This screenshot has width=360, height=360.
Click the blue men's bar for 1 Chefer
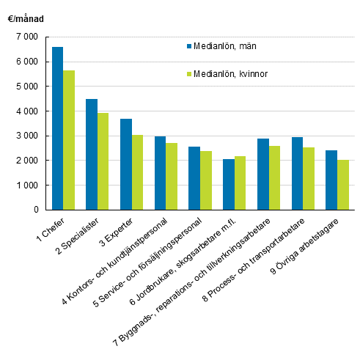pyautogui.click(x=58, y=128)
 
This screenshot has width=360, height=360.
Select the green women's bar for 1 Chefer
pyautogui.click(x=69, y=140)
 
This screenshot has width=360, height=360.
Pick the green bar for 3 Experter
pyautogui.click(x=137, y=172)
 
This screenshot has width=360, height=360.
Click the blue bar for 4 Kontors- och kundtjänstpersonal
pyautogui.click(x=160, y=173)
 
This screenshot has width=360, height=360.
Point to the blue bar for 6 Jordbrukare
pyautogui.click(x=228, y=184)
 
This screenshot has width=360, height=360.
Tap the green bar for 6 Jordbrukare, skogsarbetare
pyautogui.click(x=240, y=183)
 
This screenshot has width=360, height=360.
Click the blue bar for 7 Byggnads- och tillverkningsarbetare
pyautogui.click(x=262, y=174)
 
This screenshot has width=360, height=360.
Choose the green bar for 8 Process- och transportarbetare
pyautogui.click(x=308, y=178)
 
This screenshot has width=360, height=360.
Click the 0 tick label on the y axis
pyautogui.click(x=34, y=210)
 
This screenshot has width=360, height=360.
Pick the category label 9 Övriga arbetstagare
pyautogui.click(x=315, y=249)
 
